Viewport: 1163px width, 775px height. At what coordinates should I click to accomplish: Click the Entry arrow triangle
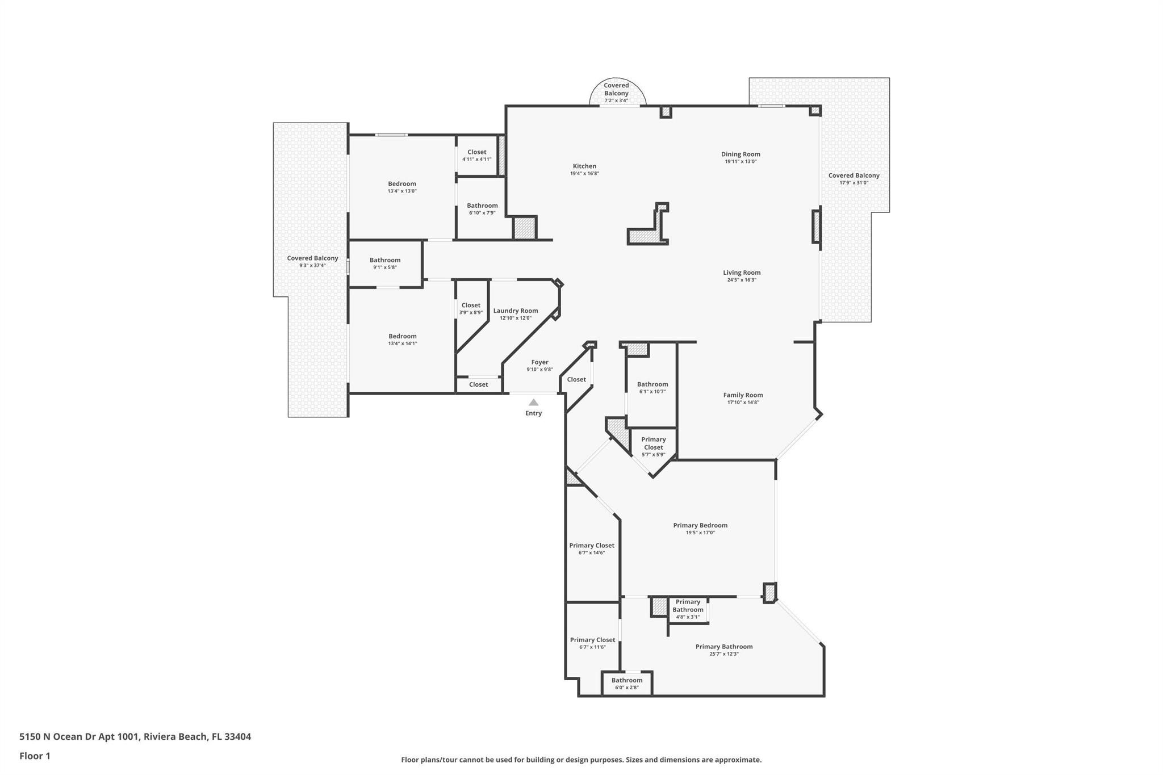pos(533,403)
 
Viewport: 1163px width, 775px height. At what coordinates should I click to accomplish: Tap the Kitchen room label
pos(584,166)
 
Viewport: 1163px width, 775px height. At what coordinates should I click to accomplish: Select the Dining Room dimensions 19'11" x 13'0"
pos(741,162)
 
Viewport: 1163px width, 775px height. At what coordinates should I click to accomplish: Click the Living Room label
pos(742,273)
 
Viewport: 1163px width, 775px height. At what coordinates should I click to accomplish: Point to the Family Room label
pos(743,395)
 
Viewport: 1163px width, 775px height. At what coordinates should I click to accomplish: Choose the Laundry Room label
pos(516,311)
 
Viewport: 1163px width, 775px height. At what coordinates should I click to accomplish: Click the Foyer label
pos(539,362)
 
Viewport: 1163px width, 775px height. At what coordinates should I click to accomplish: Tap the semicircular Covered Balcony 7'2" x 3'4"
pos(616,93)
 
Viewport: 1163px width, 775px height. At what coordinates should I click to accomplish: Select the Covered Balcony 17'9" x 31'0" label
pos(854,175)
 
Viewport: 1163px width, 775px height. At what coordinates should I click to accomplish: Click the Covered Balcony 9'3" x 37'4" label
pos(312,258)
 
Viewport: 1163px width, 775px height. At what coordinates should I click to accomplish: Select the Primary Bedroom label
pos(700,525)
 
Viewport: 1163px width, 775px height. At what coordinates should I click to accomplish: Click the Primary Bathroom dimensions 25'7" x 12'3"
pos(724,654)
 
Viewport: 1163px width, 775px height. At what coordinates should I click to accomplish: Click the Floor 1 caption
pos(35,756)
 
